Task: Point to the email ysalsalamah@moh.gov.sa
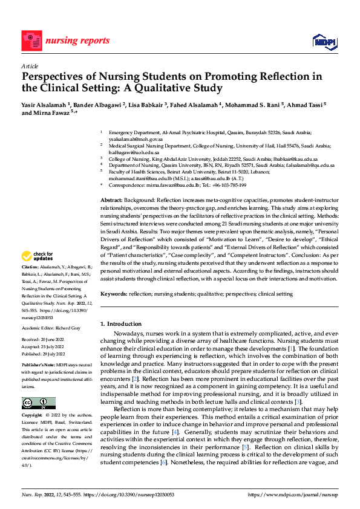pyautogui.click(x=136, y=138)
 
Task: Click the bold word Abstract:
pyautogui.click(x=111, y=199)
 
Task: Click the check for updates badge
pyautogui.click(x=38, y=273)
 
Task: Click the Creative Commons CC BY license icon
pyautogui.click(x=38, y=403)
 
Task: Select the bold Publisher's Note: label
pyautogui.click(x=39, y=366)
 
